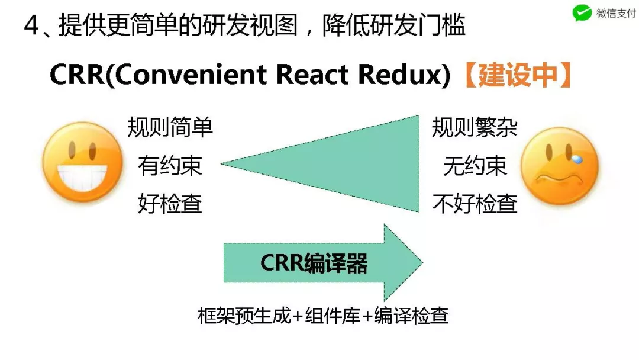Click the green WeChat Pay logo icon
582,13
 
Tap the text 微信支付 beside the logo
615,13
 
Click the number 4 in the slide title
31,26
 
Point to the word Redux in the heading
408,76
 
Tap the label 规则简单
170,127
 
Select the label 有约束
170,166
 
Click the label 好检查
170,204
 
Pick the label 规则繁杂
475,127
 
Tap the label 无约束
475,166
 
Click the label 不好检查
475,204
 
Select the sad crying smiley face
559,166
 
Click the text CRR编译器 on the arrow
314,263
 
